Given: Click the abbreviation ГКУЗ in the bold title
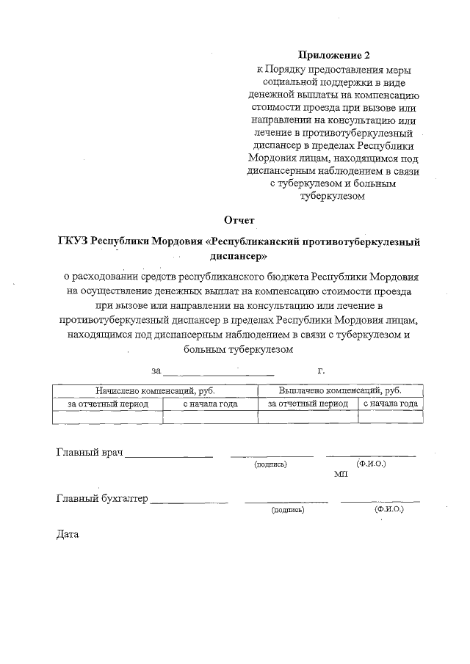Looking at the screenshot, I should pos(75,241).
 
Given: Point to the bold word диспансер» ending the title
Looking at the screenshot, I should pos(239,257).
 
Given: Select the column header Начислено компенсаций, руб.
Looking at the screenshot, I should pos(155,391).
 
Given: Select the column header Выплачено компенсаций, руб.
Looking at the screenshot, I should pos(340,391).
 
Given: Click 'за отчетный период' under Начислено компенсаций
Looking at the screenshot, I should pos(108,404).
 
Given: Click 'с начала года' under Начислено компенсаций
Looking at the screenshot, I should pos(210,404).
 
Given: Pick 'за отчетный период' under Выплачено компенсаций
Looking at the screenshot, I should pos(308,404).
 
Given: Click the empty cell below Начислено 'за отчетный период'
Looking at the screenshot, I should pos(108,417).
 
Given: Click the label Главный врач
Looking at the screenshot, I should pos(89,452).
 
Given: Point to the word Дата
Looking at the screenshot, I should pos(67,534).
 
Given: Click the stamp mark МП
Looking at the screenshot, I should pos(341,475).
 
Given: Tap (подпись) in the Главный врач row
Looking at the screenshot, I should pos(270,464).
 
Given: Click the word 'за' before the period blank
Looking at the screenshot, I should pos(156,371).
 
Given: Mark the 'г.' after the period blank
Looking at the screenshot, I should pos(321,371).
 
